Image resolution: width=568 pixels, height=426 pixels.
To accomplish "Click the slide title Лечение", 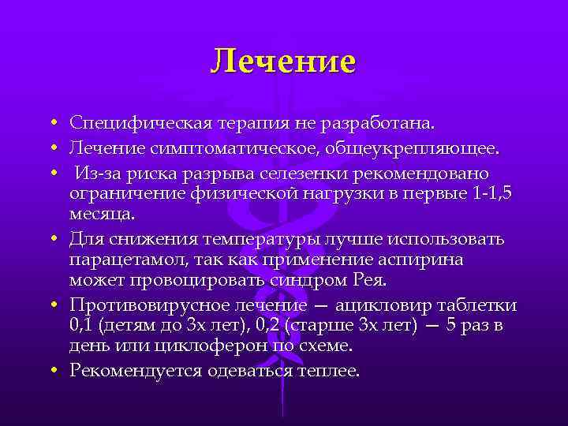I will tap(283, 61).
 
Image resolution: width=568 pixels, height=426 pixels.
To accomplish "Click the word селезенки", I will tap(305, 173).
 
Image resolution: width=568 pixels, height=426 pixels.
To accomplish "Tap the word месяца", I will tap(102, 214).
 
